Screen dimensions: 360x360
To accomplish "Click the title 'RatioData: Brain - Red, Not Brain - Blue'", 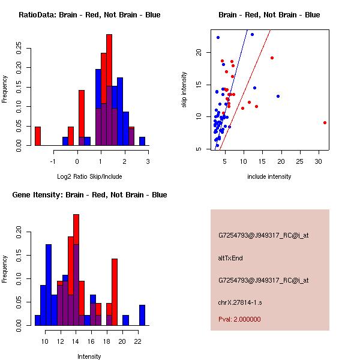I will coord(89,14).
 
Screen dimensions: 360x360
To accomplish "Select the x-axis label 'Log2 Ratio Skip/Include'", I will coord(89,176).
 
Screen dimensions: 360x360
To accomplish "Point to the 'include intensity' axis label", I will coord(269,176).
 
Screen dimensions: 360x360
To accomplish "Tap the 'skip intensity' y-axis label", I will coord(184,90).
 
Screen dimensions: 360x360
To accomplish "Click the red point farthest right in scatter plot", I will coord(325,122).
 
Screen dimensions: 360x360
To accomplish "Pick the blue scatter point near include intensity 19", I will coord(278,96).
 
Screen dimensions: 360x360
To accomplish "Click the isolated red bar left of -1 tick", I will coord(38,136).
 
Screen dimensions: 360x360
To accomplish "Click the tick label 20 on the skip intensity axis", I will coord(199,53).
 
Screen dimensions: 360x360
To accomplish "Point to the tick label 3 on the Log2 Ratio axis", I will coord(148,161).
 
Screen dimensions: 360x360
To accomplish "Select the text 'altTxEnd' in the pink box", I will coord(230,258).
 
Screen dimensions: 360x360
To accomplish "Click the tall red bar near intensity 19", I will coord(115,292).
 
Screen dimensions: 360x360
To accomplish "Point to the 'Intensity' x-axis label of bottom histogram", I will coord(89,356).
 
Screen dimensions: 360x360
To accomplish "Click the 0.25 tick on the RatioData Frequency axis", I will coord(20,46).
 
